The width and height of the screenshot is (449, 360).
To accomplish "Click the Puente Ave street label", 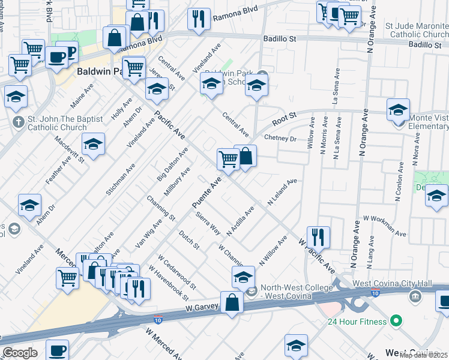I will coord(208,193).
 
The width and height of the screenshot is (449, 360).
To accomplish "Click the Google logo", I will coord(20,353).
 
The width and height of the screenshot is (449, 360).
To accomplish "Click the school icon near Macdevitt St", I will coord(93,144).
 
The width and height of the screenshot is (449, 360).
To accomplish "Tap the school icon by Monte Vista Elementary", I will coord(397,110).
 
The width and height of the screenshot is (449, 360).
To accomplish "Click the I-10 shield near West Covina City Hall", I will coord(375,293).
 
